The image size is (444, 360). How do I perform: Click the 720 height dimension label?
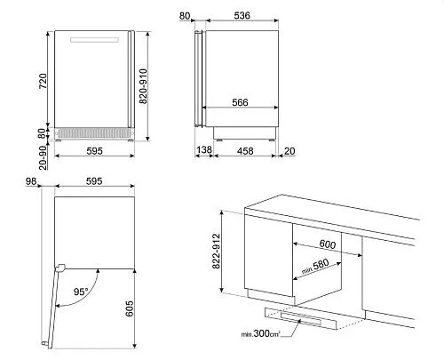[43, 81]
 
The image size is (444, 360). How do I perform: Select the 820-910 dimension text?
[143, 86]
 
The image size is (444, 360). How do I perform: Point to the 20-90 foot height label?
[43, 157]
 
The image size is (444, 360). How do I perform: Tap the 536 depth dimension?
[242, 15]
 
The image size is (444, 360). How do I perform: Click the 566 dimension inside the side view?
[240, 102]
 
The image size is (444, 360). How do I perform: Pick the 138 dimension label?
[204, 149]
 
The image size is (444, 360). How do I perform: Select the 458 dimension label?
[245, 151]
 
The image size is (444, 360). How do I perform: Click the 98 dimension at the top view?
[31, 181]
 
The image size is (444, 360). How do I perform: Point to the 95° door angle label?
[81, 292]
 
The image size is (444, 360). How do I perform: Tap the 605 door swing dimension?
[130, 308]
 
